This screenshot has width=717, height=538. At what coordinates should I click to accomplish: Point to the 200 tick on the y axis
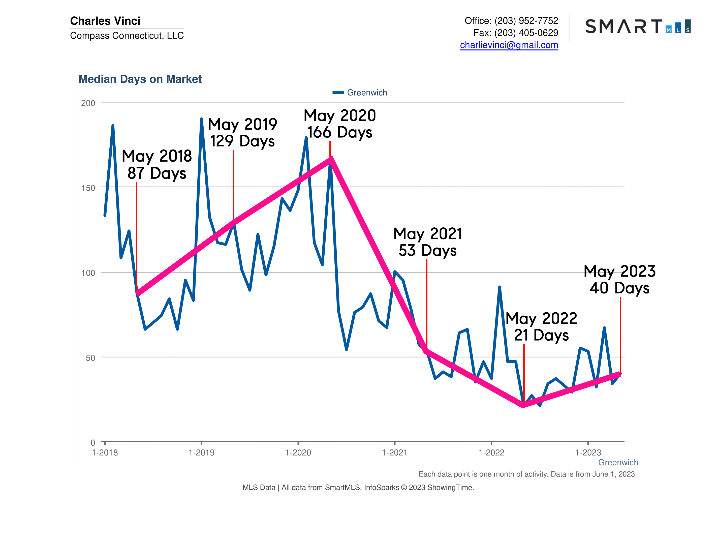point(88,103)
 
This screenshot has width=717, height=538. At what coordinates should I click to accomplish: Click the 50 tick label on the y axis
point(90,358)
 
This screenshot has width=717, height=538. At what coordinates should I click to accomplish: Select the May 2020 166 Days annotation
point(340,124)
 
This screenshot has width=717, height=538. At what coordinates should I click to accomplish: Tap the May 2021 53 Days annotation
point(427,242)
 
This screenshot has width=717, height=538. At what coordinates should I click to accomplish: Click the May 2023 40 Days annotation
point(619,280)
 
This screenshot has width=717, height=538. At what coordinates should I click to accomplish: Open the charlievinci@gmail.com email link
point(509,45)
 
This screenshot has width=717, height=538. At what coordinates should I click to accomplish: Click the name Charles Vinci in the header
point(105,21)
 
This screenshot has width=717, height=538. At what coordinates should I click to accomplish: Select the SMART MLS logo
point(638,26)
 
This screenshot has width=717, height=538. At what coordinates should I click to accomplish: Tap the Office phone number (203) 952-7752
point(526,21)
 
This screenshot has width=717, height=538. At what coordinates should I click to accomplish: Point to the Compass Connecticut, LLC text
point(127,35)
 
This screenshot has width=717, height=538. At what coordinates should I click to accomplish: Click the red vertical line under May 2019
point(233,185)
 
